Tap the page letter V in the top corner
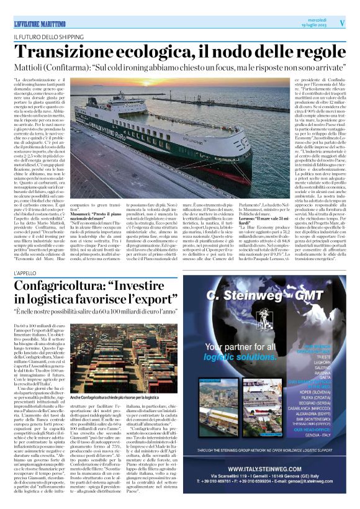point(342,22)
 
